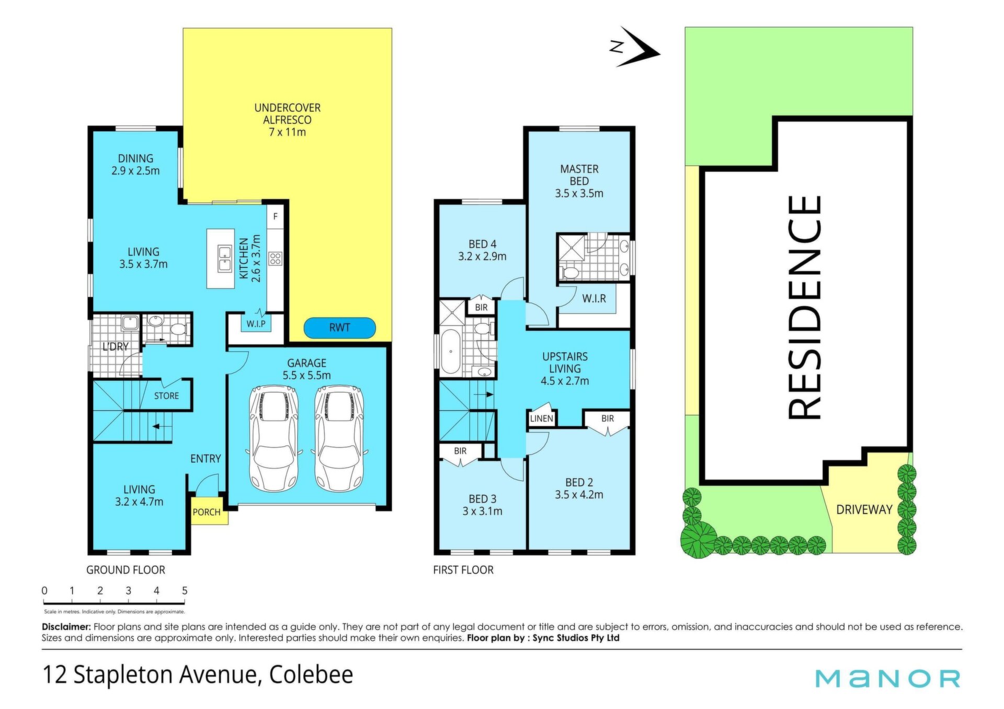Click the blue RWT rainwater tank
click(339, 328)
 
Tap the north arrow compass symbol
click(634, 47)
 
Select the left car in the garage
click(274, 438)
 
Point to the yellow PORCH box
click(207, 511)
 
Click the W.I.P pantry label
click(256, 323)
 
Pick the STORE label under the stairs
click(166, 396)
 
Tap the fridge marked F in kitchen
click(276, 216)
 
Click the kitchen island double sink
click(225, 259)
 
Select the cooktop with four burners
click(275, 258)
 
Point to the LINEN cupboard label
click(541, 419)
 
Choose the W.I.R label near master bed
click(594, 298)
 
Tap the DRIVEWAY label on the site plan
click(864, 509)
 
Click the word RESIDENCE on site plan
click(804, 307)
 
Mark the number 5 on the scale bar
click(185, 590)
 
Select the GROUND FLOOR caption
click(125, 570)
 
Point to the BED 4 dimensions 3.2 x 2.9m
click(482, 257)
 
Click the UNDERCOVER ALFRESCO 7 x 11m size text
click(287, 132)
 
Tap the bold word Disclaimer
click(66, 626)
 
